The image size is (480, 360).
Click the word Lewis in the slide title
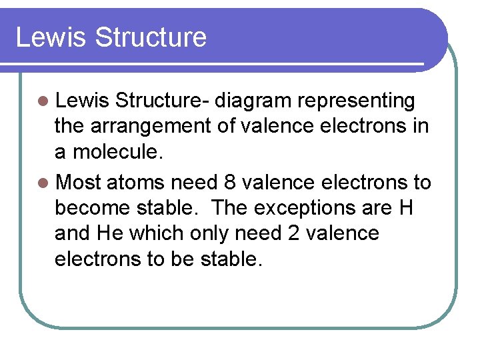pos(51,37)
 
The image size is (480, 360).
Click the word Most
pos(79,181)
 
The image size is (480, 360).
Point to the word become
pos(93,207)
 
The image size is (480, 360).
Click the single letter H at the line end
pos(405,207)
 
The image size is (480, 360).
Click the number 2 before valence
pos(295,233)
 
